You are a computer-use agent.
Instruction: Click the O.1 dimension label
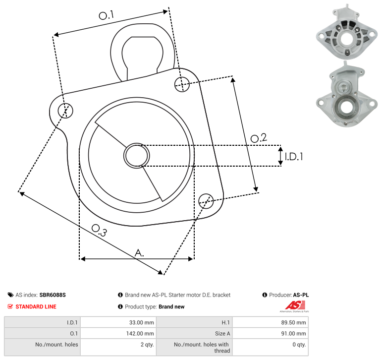coord(106,15)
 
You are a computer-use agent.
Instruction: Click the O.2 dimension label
coord(259,138)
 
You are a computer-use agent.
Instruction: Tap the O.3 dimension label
coord(99,230)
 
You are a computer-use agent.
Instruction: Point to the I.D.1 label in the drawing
coord(294,157)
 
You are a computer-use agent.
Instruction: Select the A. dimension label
coord(139,253)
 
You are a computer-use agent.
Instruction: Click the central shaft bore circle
coord(137,156)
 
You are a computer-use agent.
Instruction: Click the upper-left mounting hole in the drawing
coord(65,111)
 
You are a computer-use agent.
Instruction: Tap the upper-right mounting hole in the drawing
coord(182,84)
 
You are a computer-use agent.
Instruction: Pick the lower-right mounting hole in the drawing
coord(206,201)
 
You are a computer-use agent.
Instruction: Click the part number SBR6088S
coord(53,295)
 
